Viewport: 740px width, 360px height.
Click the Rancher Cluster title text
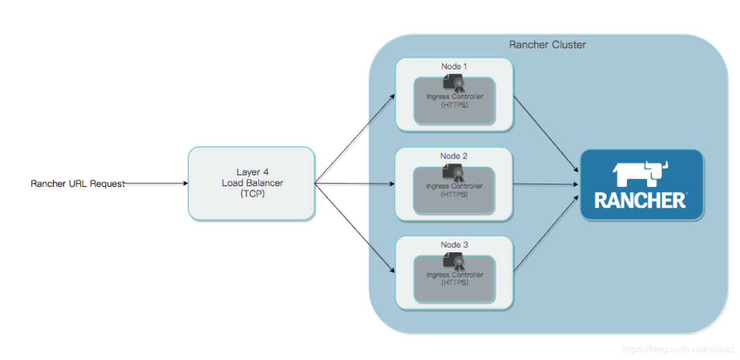[x=547, y=45]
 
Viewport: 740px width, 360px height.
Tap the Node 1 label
[x=454, y=66]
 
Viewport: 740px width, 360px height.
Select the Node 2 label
[x=454, y=156]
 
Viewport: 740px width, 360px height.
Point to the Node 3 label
[x=454, y=245]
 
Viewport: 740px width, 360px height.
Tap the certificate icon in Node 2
[x=454, y=173]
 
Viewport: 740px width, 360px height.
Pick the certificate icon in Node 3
[x=454, y=261]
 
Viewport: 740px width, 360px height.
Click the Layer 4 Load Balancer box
[x=252, y=184]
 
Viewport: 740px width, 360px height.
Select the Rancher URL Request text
[x=78, y=184]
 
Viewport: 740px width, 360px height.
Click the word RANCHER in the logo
[x=640, y=201]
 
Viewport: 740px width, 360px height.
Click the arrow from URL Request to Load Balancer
[x=158, y=184]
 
